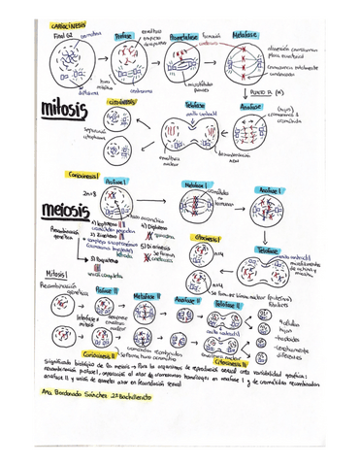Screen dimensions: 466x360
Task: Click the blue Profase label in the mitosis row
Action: pyautogui.click(x=124, y=36)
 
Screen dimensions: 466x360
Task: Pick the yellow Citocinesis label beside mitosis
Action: pyautogui.click(x=124, y=100)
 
